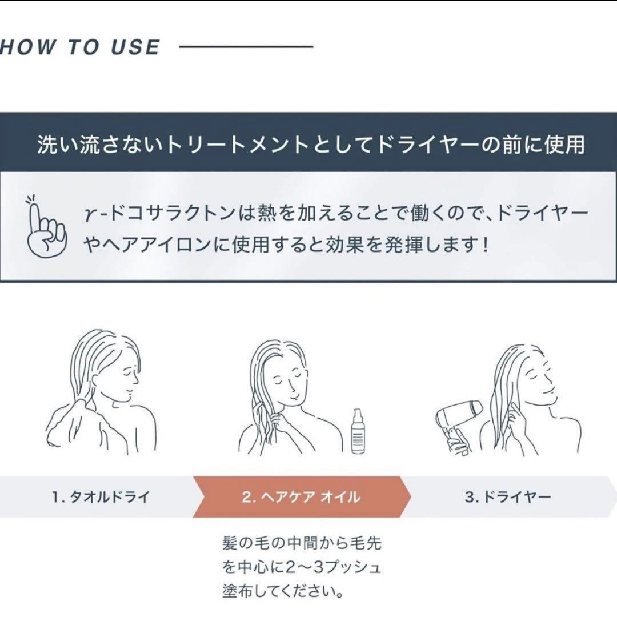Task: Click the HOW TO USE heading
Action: (x=80, y=47)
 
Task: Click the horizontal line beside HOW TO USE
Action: (x=246, y=47)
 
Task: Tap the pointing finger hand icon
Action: (x=46, y=226)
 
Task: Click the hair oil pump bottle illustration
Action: (x=358, y=432)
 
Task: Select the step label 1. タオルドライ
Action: (x=101, y=496)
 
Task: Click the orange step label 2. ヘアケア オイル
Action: (x=301, y=496)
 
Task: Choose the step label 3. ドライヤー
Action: (x=508, y=496)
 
